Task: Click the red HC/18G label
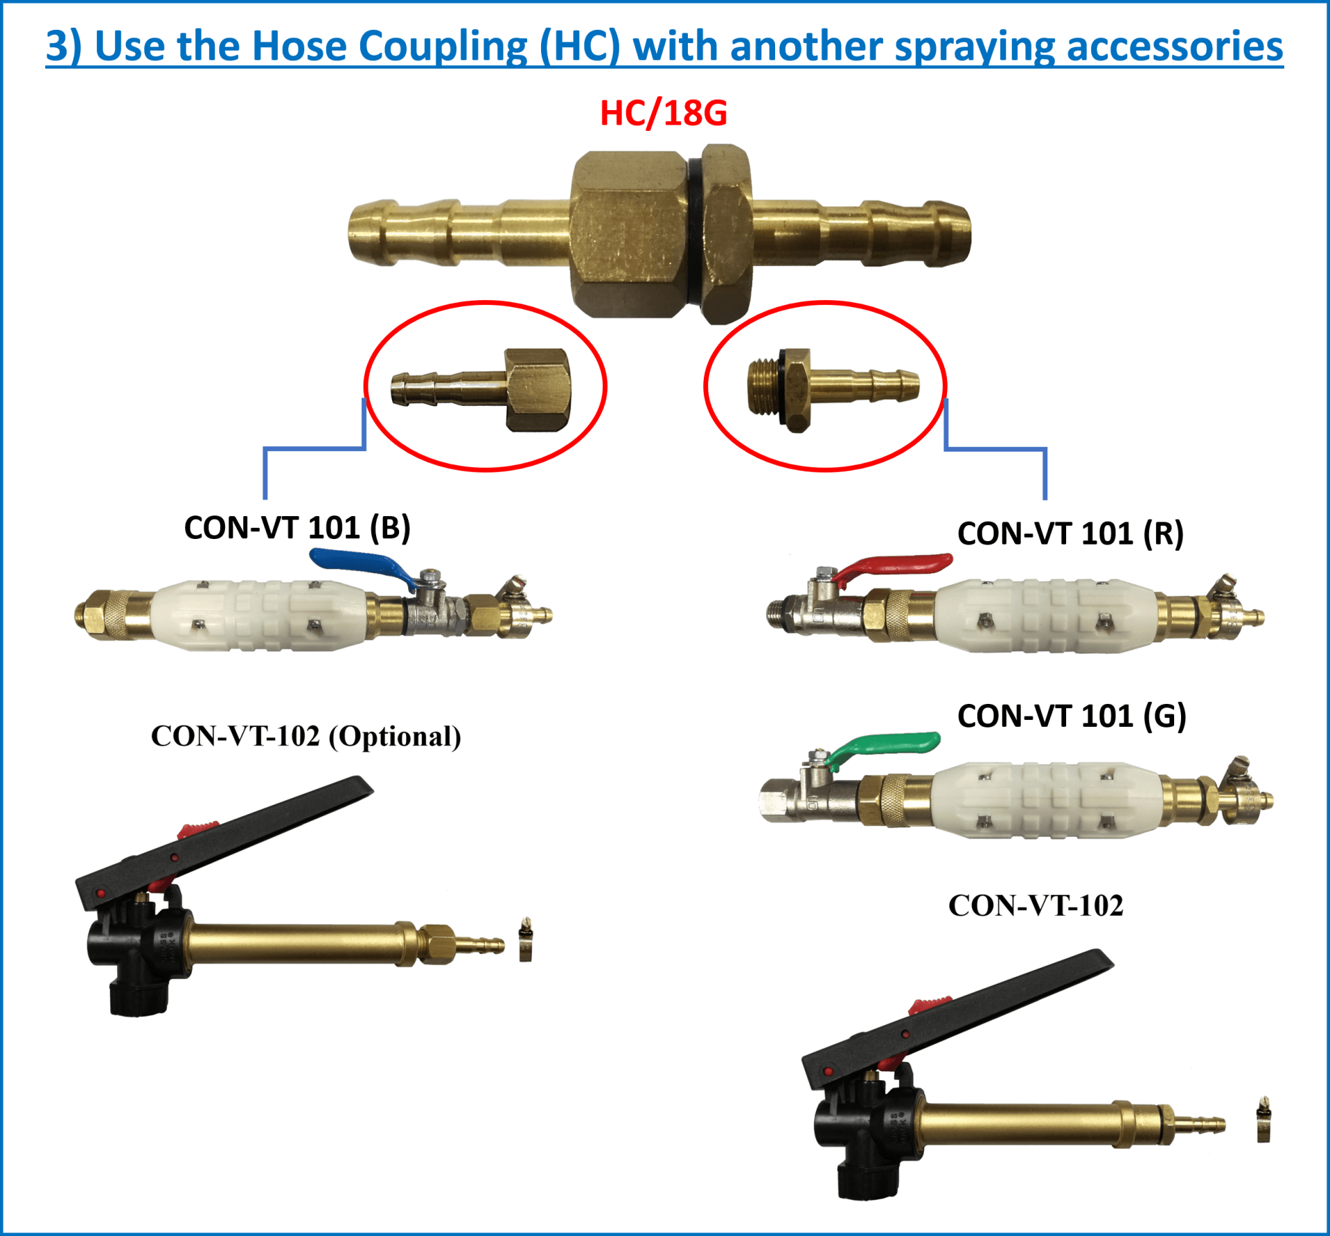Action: (663, 113)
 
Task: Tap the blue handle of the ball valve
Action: (360, 565)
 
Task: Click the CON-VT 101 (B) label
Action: (297, 528)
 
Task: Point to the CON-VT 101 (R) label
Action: (1070, 533)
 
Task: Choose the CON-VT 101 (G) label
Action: (1072, 716)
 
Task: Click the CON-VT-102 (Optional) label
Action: (305, 736)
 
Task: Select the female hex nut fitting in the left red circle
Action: (538, 389)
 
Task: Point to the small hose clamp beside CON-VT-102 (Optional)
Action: (526, 941)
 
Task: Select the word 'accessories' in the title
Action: (1174, 46)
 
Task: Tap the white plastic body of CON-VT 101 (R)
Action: (1046, 615)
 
